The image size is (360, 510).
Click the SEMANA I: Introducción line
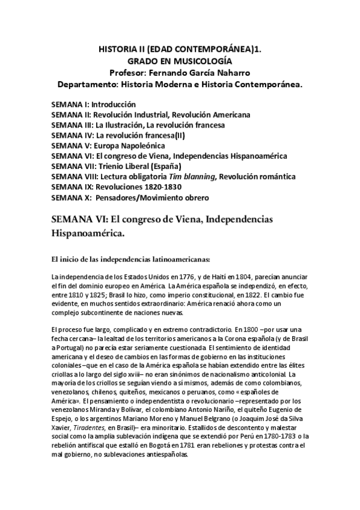(x=94, y=104)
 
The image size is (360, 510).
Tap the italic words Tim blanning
(x=195, y=176)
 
